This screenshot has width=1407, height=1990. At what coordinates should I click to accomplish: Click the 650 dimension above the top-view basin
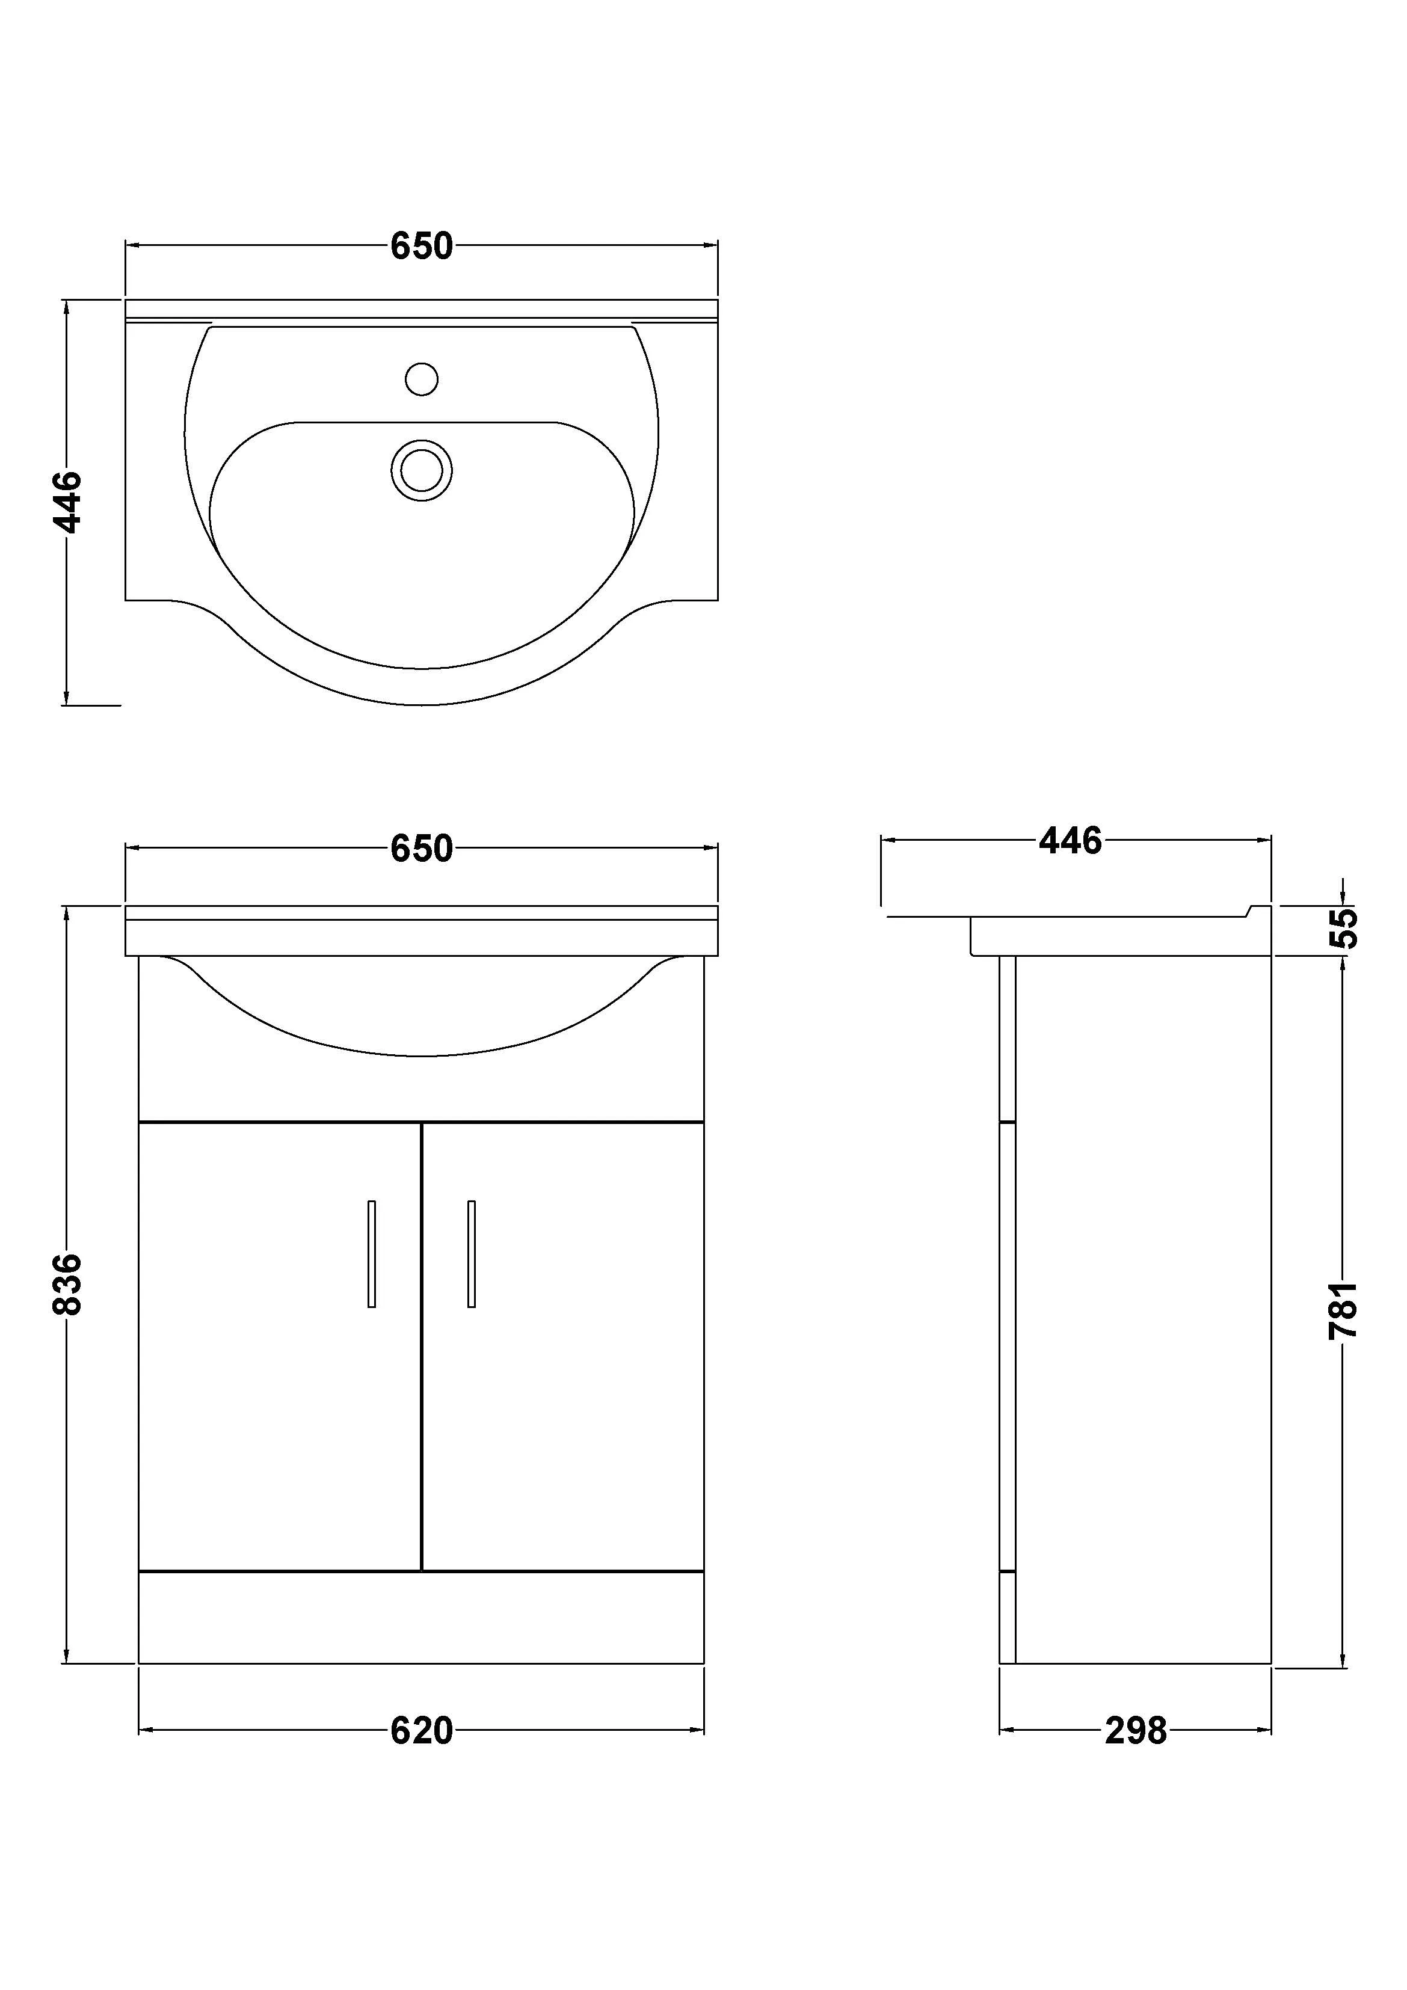point(421,247)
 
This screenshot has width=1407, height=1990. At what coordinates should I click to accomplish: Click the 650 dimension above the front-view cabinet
point(421,849)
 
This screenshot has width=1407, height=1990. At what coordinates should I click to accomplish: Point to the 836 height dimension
point(67,1283)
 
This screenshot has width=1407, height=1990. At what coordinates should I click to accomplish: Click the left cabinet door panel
point(279,1404)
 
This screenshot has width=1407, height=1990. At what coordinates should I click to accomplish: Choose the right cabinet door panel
point(564,1404)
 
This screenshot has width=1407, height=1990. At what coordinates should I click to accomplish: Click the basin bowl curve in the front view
point(421,1055)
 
